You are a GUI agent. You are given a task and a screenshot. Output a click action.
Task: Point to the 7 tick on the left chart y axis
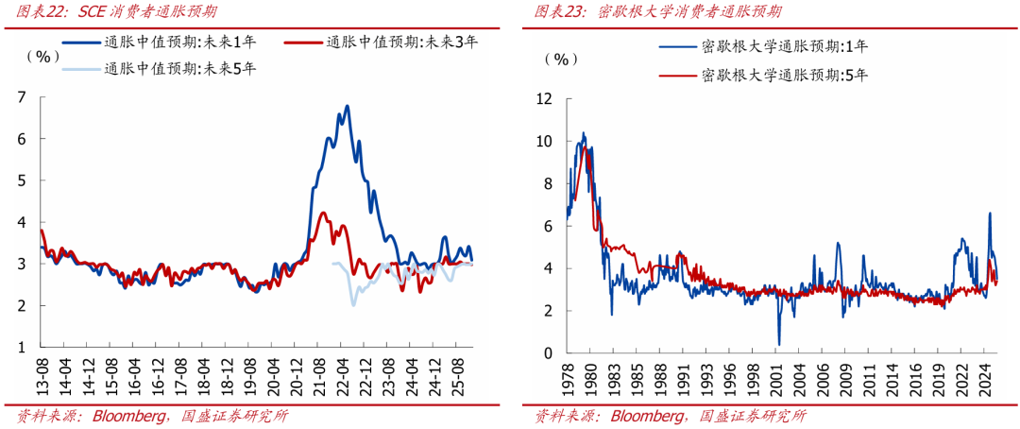[x=22, y=96]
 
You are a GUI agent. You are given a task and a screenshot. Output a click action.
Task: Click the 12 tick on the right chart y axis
[x=543, y=98]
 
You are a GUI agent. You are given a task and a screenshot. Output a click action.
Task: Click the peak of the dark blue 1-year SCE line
[x=347, y=106]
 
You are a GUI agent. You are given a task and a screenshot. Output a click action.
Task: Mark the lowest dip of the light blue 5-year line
[x=353, y=304]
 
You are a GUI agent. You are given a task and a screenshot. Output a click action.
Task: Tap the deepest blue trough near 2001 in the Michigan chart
[x=779, y=344]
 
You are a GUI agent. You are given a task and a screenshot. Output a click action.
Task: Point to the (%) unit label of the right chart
[x=561, y=59]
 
